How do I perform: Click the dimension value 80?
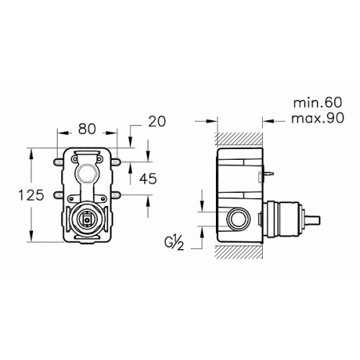86,129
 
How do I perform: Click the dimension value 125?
31,195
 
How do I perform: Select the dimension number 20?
157,121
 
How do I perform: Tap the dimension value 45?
148,179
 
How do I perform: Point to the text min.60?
318,103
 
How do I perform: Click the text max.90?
318,118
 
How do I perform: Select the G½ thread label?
174,244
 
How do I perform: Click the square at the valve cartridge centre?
86,219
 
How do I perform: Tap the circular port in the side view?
238,219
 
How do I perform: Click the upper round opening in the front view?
86,173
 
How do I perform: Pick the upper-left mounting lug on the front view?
58,162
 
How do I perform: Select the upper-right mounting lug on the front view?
116,162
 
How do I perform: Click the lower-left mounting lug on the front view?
58,194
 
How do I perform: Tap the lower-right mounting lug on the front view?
116,194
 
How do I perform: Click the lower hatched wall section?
240,252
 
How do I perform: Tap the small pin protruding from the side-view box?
269,173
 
